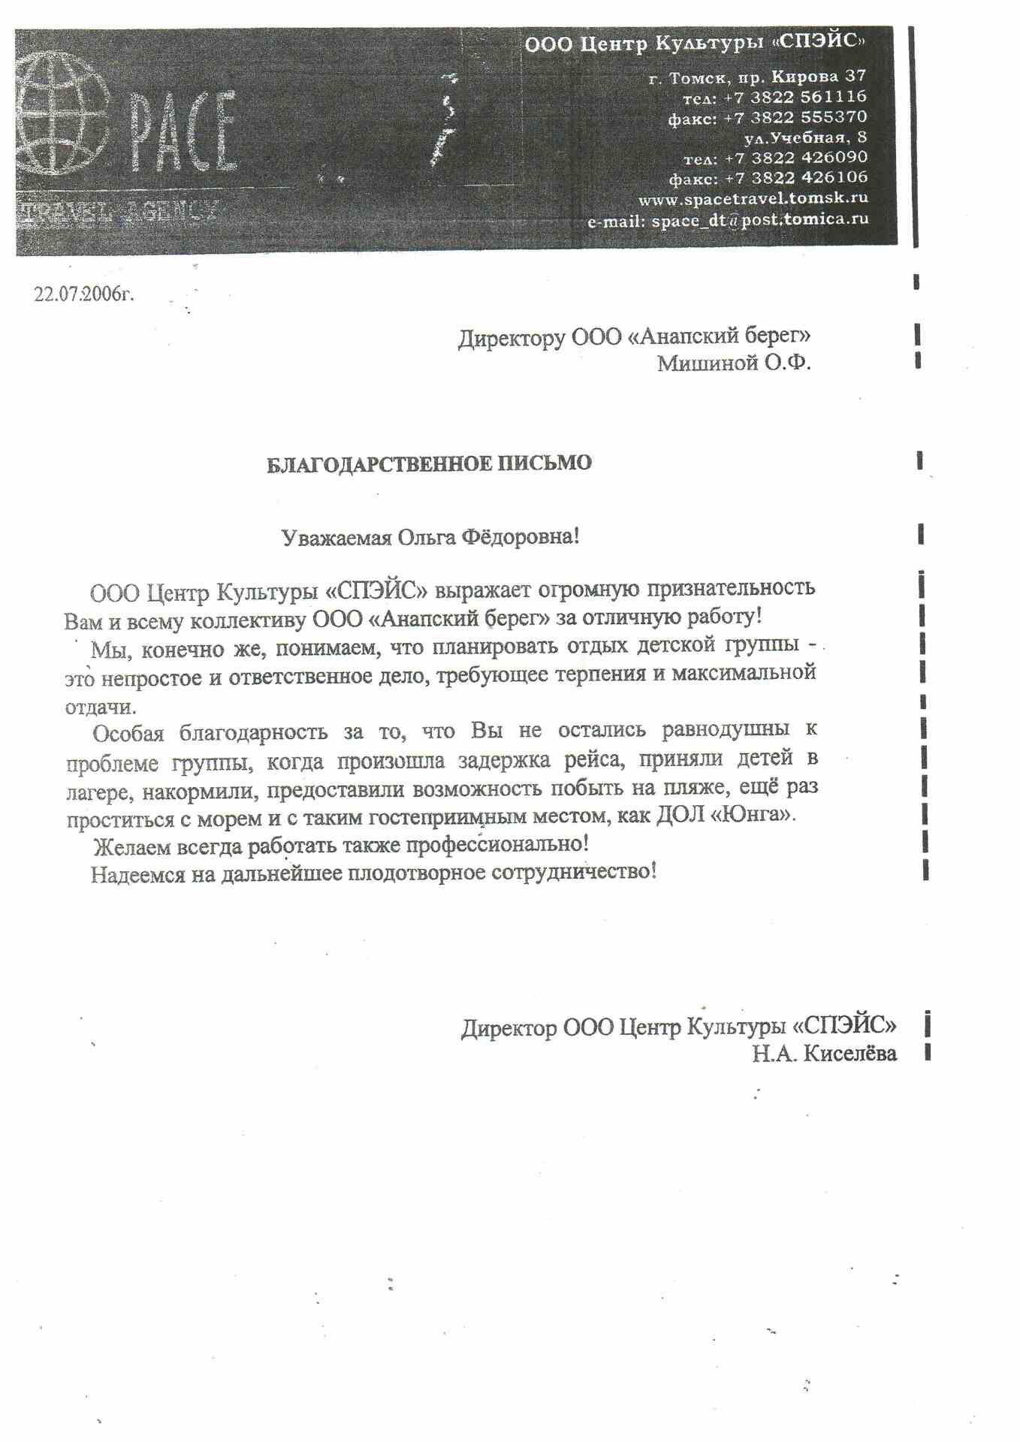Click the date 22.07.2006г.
coord(83,294)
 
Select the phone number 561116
coord(833,97)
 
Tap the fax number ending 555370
coord(833,117)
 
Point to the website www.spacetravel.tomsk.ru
coord(753,199)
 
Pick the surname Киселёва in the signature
coord(849,1054)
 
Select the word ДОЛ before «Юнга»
coord(681,815)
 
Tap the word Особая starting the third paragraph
coord(127,733)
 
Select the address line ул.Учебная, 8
coord(805,137)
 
